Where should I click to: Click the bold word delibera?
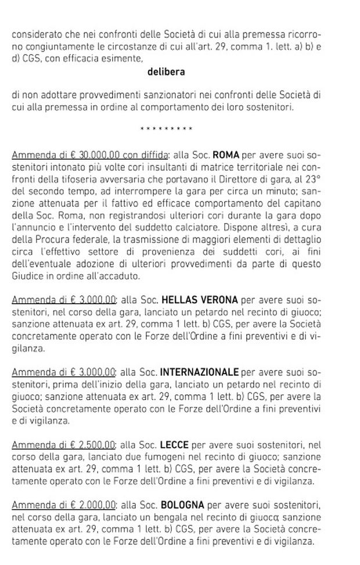[166, 72]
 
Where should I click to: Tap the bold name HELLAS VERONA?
[199, 300]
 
